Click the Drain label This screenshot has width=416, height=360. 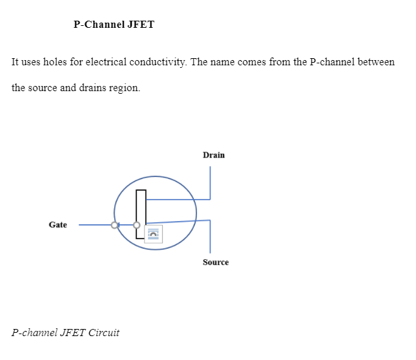tap(214, 155)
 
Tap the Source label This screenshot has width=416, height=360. tap(216, 262)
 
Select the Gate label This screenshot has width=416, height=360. tap(58, 225)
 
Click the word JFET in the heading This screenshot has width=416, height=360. tap(141, 25)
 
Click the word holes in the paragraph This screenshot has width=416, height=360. tap(55, 62)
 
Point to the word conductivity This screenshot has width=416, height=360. tap(158, 62)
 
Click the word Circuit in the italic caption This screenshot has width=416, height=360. tap(104, 333)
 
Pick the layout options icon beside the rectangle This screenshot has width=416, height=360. tap(153, 234)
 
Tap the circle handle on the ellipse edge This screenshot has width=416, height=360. tap(114, 225)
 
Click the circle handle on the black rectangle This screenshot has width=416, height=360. tap(137, 225)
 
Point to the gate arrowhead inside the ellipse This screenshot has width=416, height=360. tap(118, 225)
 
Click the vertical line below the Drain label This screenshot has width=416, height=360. tap(210, 183)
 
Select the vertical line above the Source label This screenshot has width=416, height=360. tap(210, 237)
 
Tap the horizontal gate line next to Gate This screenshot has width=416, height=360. tap(97, 225)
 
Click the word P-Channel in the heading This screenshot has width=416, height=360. tap(99, 25)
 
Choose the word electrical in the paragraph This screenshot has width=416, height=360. tap(106, 62)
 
